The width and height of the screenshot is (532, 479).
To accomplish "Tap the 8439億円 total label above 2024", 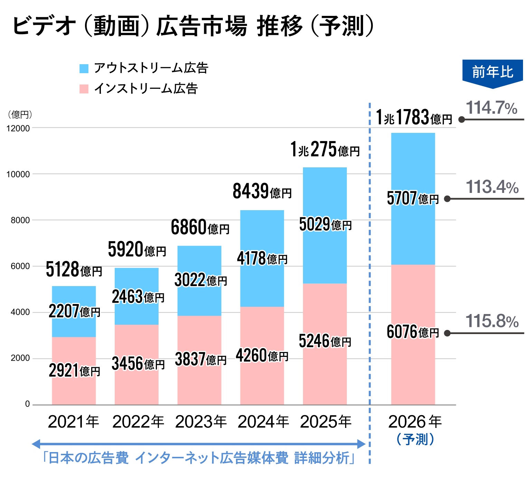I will click(262, 192).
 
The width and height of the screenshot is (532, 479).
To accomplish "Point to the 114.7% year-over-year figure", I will click(491, 108).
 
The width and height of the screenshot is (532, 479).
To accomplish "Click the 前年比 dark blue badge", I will click(492, 72).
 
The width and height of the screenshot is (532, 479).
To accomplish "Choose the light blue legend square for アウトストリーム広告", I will click(84, 68).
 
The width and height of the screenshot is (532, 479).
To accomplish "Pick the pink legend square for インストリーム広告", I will click(84, 89).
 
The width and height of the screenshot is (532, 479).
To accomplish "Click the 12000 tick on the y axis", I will click(18, 128).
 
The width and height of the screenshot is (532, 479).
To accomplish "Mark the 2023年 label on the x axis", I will click(201, 422).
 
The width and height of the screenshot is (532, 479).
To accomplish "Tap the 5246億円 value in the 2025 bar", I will click(325, 342).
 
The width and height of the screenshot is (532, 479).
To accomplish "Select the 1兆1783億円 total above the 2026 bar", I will click(414, 118).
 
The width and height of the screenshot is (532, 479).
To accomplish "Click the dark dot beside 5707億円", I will click(447, 199).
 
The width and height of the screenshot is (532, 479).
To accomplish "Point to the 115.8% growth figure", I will click(492, 322).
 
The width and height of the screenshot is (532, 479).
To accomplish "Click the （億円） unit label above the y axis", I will click(20, 114).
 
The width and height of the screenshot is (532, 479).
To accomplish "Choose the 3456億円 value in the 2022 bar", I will click(138, 364).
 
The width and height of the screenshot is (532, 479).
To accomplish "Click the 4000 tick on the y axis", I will click(20, 312).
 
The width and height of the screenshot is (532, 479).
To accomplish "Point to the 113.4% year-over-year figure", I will click(492, 187).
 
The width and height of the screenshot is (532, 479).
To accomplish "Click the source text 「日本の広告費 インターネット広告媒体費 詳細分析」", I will click(199, 458).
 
